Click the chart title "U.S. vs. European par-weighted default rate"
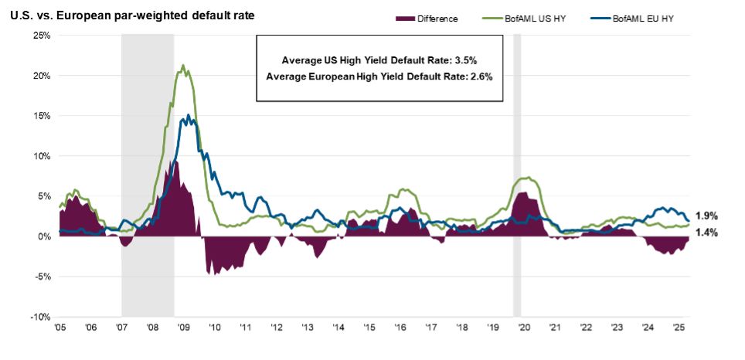132,15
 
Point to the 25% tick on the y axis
41,36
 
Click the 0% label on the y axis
44,236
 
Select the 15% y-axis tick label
41,116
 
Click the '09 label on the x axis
183,328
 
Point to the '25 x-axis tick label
678,328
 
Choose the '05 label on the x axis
60,328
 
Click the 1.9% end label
706,217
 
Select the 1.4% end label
706,232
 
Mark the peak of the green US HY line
183,65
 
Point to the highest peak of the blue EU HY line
188,115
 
